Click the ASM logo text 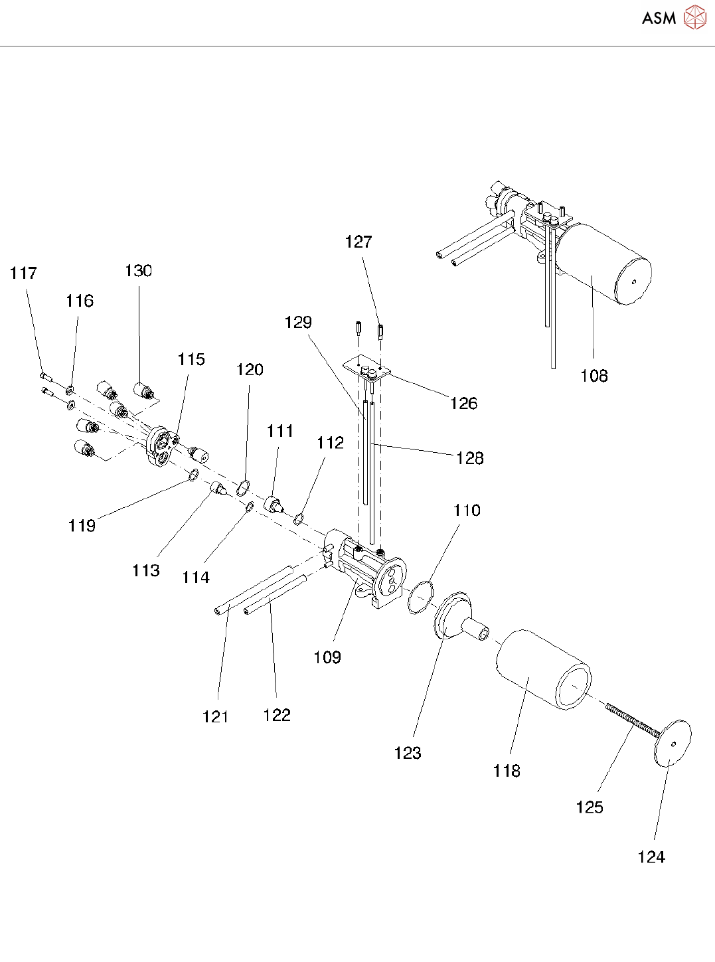click(x=659, y=18)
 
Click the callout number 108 click(x=594, y=376)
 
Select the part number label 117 click(x=23, y=273)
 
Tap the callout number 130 click(x=138, y=270)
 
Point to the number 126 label click(x=463, y=403)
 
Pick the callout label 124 click(x=651, y=857)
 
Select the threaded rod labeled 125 click(x=631, y=720)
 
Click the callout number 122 click(x=277, y=715)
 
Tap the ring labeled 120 click(x=243, y=489)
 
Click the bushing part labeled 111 click(x=274, y=504)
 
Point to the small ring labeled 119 click(x=193, y=475)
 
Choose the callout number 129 click(x=298, y=322)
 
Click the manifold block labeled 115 click(x=161, y=446)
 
